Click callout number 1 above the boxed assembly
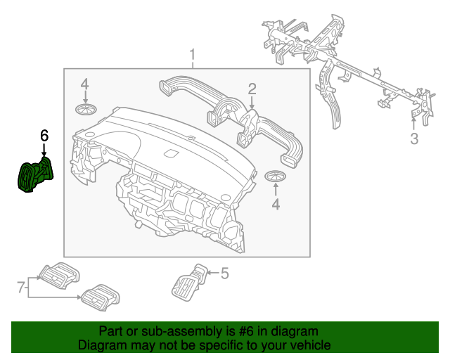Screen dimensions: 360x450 [x=192, y=55]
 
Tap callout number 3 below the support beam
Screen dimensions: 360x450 [x=414, y=139]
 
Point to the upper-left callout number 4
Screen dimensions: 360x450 [x=84, y=84]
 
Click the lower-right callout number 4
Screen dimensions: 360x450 [x=276, y=204]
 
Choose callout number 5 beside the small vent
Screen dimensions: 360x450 [x=224, y=274]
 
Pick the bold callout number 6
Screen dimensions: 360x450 [x=44, y=134]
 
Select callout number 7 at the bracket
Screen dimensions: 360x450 [x=20, y=286]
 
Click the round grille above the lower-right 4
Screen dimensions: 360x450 [x=276, y=176]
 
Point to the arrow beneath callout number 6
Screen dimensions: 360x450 [x=44, y=150]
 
